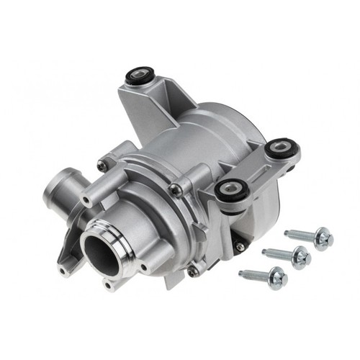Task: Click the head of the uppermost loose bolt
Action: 323,236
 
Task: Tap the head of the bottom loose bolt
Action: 276,276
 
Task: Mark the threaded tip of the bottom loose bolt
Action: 243,273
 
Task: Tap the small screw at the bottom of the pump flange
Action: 192,271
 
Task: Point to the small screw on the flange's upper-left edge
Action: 103,166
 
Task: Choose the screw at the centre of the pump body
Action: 174,189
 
